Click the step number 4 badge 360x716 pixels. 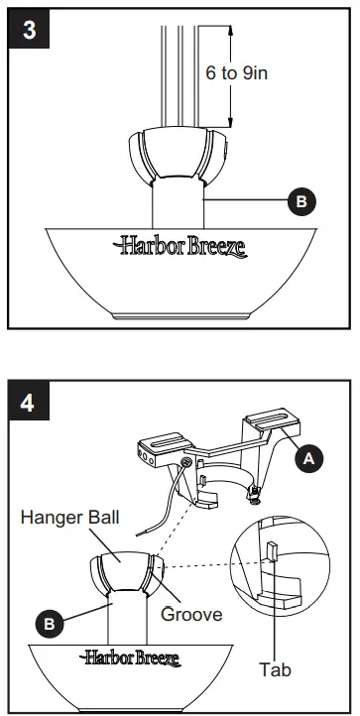tap(31, 406)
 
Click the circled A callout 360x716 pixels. tap(309, 457)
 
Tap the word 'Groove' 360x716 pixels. tap(190, 614)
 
